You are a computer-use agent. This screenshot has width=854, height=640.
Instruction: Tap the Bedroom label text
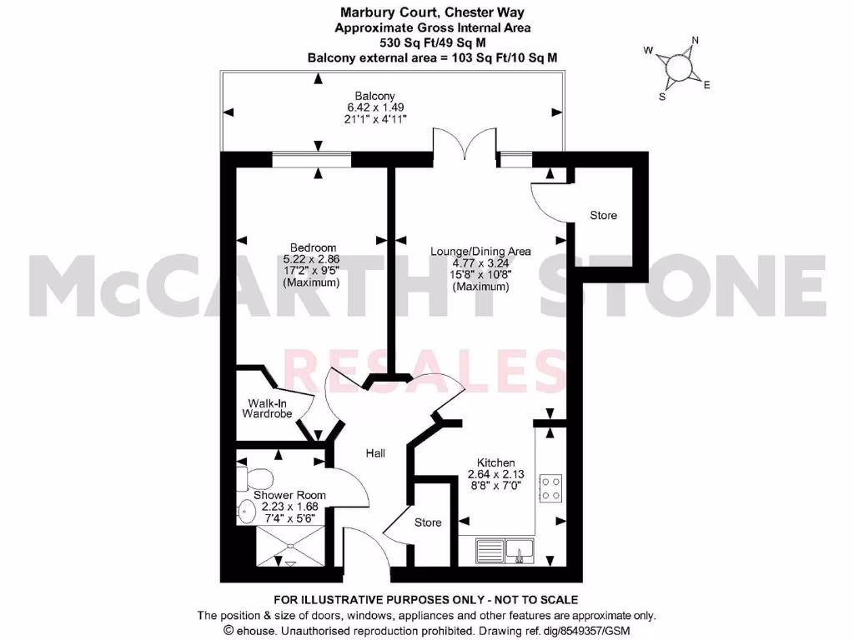pyautogui.click(x=313, y=247)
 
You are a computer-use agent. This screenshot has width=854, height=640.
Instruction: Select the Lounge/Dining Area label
pyautogui.click(x=480, y=251)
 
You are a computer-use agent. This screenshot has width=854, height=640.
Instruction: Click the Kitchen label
pyautogui.click(x=495, y=463)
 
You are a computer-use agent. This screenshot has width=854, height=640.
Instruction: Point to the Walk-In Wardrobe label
pyautogui.click(x=266, y=407)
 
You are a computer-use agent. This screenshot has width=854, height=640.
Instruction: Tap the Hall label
pyautogui.click(x=375, y=453)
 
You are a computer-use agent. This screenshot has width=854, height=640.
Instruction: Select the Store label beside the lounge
pyautogui.click(x=603, y=215)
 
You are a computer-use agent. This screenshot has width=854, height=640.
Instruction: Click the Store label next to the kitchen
pyautogui.click(x=428, y=522)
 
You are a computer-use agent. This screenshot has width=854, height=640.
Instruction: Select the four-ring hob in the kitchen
pyautogui.click(x=551, y=487)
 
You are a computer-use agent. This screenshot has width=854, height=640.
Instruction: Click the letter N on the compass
pyautogui.click(x=696, y=41)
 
